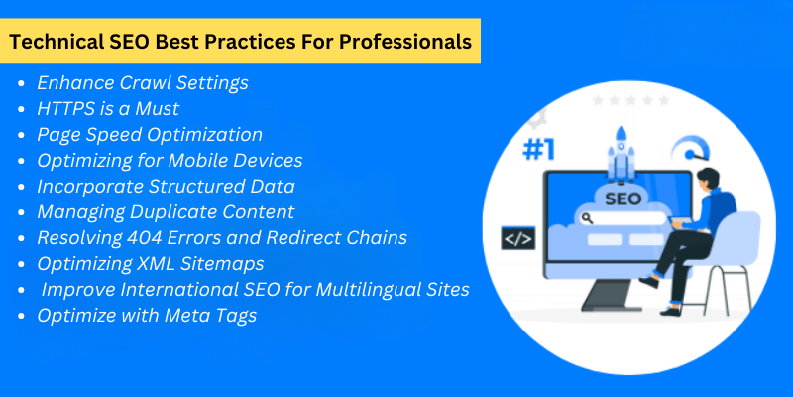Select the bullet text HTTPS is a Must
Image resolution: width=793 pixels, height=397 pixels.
[x=107, y=108]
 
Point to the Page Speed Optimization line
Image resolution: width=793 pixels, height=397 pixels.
[x=150, y=134]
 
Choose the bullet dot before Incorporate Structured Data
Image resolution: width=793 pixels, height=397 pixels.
[x=23, y=187]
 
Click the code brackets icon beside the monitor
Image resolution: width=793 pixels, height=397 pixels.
[x=518, y=238]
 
